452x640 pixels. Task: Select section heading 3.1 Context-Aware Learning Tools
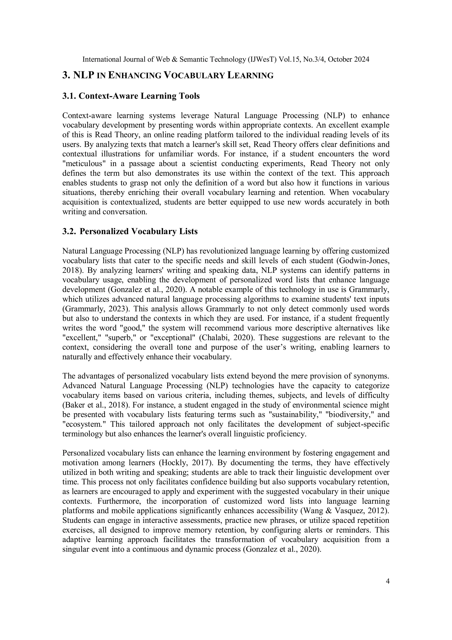tap(131, 96)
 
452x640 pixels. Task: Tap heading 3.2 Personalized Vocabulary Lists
tap(130, 231)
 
